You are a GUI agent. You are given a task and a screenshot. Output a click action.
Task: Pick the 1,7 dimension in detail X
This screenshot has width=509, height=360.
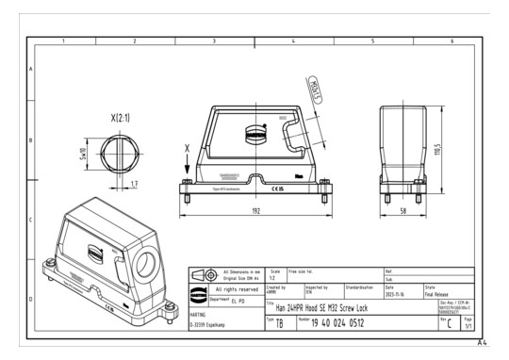[x=135, y=184]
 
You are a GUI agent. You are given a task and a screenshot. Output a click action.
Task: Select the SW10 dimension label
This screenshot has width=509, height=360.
[x=84, y=152]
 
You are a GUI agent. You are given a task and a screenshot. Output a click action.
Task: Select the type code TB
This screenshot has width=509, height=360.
[x=279, y=323]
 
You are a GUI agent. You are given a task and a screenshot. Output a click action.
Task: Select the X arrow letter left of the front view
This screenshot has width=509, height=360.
[x=187, y=148]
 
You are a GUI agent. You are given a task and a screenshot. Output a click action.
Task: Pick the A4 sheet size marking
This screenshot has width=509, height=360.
[x=482, y=342]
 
